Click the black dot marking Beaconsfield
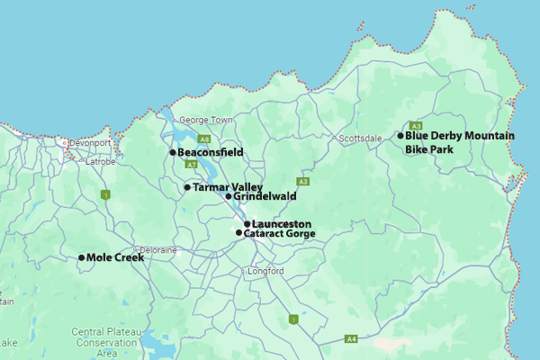click(x=172, y=153)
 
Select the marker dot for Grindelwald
click(x=228, y=196)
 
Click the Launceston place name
click(x=282, y=223)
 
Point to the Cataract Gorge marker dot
click(x=238, y=233)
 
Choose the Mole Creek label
click(x=114, y=257)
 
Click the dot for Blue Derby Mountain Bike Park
click(x=400, y=136)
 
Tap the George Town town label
click(x=205, y=120)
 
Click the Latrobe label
click(x=99, y=162)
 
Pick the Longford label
click(x=265, y=271)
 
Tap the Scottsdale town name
click(x=361, y=138)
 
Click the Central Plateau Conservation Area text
click(x=106, y=342)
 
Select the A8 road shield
click(x=204, y=139)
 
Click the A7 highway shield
click(x=193, y=165)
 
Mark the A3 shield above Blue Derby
click(x=416, y=125)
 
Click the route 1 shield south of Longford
click(x=292, y=319)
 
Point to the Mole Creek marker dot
click(x=81, y=257)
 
